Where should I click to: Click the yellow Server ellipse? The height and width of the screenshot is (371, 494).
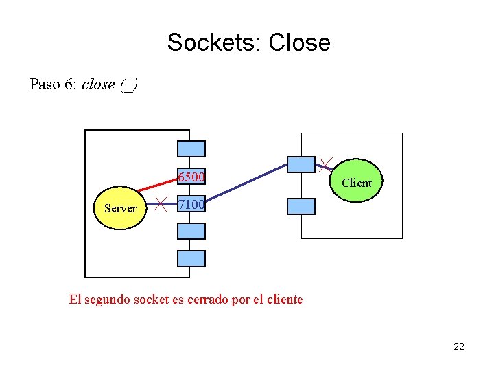pyautogui.click(x=120, y=208)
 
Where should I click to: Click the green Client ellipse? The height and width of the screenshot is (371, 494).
pyautogui.click(x=356, y=183)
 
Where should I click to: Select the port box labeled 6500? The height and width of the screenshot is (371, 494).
pyautogui.click(x=191, y=177)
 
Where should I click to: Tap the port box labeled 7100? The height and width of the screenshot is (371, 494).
pyautogui.click(x=191, y=205)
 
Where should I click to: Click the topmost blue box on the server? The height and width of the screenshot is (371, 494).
pyautogui.click(x=191, y=148)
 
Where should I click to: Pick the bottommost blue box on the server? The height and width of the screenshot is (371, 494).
pyautogui.click(x=191, y=258)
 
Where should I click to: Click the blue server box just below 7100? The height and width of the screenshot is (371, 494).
pyautogui.click(x=191, y=231)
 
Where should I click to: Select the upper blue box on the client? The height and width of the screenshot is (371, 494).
pyautogui.click(x=301, y=164)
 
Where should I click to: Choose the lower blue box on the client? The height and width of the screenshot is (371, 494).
pyautogui.click(x=301, y=206)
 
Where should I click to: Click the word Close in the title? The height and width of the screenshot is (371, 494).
pyautogui.click(x=300, y=43)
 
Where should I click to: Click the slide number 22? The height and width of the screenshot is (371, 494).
pyautogui.click(x=459, y=346)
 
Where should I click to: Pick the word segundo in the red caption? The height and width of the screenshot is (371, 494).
pyautogui.click(x=109, y=300)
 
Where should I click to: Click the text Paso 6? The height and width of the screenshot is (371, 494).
pyautogui.click(x=52, y=85)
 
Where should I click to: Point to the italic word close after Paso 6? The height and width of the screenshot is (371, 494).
pyautogui.click(x=98, y=85)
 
